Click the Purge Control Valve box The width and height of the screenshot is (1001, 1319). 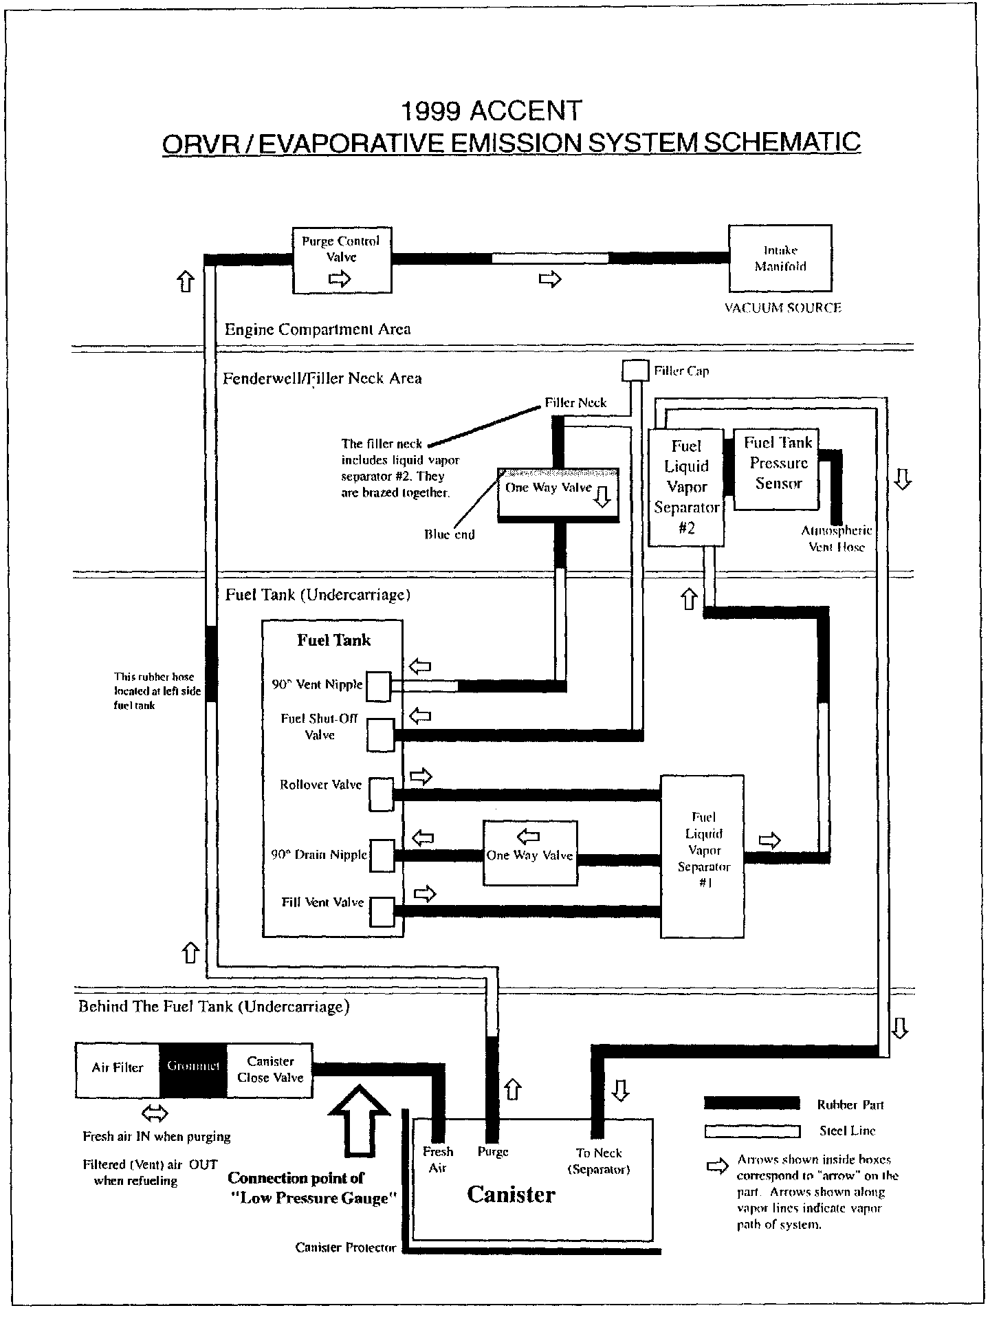342,259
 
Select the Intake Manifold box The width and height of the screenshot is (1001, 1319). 780,258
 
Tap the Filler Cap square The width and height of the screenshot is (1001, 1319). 635,371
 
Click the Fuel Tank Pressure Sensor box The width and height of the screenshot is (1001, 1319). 776,470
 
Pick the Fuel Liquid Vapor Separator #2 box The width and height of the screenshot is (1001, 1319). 685,488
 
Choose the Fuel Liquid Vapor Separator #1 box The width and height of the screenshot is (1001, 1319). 702,856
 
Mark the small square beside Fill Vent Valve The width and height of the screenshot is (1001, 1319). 382,912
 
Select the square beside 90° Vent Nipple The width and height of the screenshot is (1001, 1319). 377,686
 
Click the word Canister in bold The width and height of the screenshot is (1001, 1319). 511,1195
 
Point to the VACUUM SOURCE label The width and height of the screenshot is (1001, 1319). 782,308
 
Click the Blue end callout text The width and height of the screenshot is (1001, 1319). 449,534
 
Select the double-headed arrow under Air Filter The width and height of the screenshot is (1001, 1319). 153,1113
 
